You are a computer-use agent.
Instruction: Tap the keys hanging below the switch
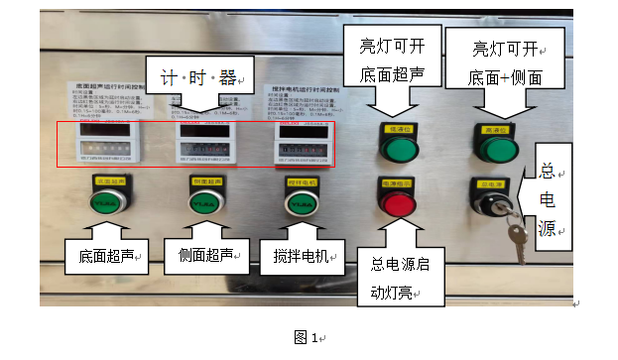[516, 238]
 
